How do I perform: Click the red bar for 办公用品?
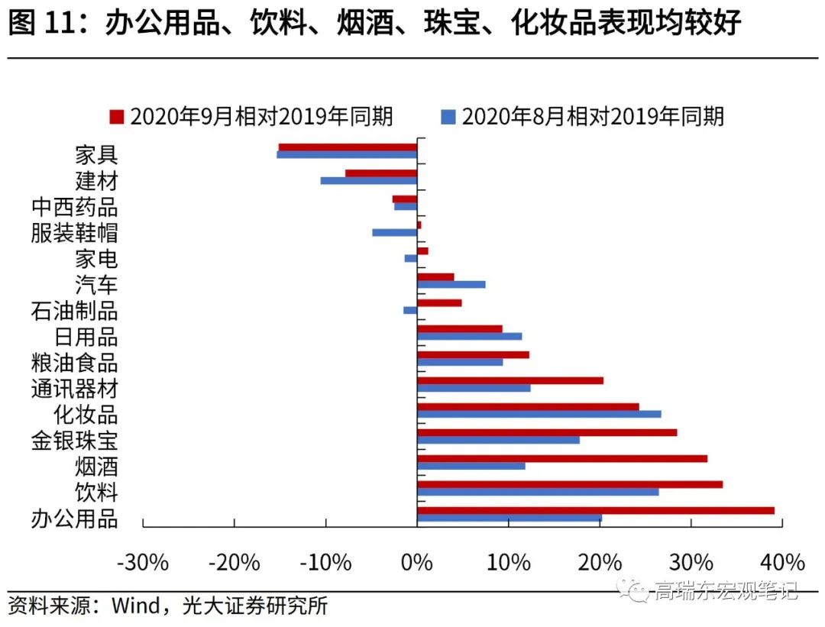pyautogui.click(x=596, y=510)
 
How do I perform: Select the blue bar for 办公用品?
pyautogui.click(x=510, y=519)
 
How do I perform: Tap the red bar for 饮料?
pyautogui.click(x=570, y=484)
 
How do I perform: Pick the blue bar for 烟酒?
pyautogui.click(x=471, y=466)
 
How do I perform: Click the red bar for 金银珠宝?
pyautogui.click(x=547, y=432)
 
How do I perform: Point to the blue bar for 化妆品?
pyautogui.click(x=539, y=414)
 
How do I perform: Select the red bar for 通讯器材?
pyautogui.click(x=510, y=380)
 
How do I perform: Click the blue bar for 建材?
pyautogui.click(x=369, y=181)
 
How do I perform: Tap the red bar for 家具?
pyautogui.click(x=348, y=147)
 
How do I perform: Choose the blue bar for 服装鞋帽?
pyautogui.click(x=395, y=232)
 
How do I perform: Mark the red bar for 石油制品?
pyautogui.click(x=439, y=302)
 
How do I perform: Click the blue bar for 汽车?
pyautogui.click(x=451, y=284)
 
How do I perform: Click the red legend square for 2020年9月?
pyautogui.click(x=117, y=117)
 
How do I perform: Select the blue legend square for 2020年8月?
pyautogui.click(x=448, y=117)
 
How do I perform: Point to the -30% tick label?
pyautogui.click(x=142, y=564)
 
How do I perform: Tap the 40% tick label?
pyautogui.click(x=783, y=564)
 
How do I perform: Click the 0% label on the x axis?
pyautogui.click(x=417, y=564)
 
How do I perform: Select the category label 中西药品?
pyautogui.click(x=74, y=207)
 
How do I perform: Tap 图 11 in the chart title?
pyautogui.click(x=44, y=24)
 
